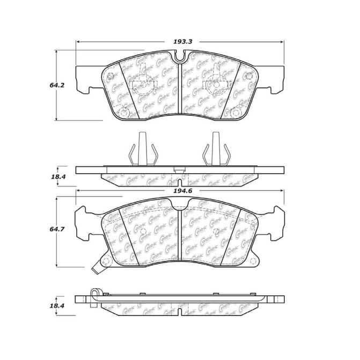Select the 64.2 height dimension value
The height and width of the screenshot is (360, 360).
[45, 84]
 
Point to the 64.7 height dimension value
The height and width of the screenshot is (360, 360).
[45, 231]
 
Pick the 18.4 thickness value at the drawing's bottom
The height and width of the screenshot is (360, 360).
[45, 305]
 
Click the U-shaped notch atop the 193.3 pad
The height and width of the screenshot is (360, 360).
[180, 55]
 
